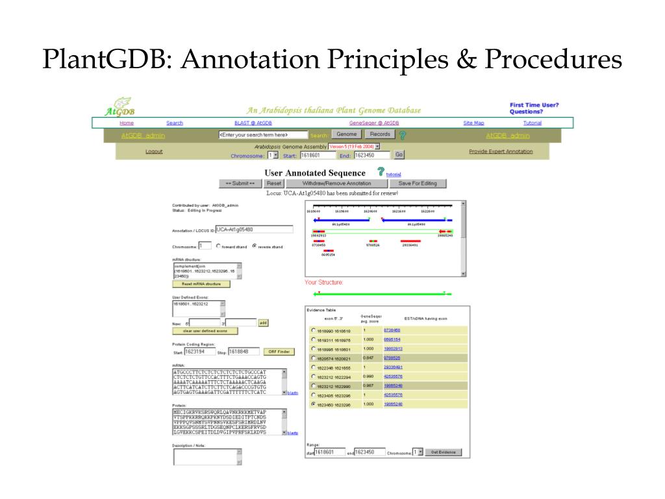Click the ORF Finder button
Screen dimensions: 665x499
[279, 352]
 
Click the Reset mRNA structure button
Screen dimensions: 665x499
[201, 284]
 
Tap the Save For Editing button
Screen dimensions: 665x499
[418, 183]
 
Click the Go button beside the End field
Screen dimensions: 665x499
[399, 155]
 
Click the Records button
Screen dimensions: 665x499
[380, 134]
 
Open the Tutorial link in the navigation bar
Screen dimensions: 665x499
[532, 123]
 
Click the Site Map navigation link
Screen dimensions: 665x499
[473, 123]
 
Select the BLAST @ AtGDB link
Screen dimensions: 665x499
[253, 123]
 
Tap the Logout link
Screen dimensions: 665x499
[154, 151]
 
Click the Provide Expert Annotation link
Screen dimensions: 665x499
[501, 151]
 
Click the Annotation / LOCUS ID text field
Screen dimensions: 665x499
[254, 229]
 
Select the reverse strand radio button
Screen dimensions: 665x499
[255, 246]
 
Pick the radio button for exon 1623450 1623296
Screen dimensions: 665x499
[314, 404]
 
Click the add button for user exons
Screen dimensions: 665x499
[263, 322]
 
